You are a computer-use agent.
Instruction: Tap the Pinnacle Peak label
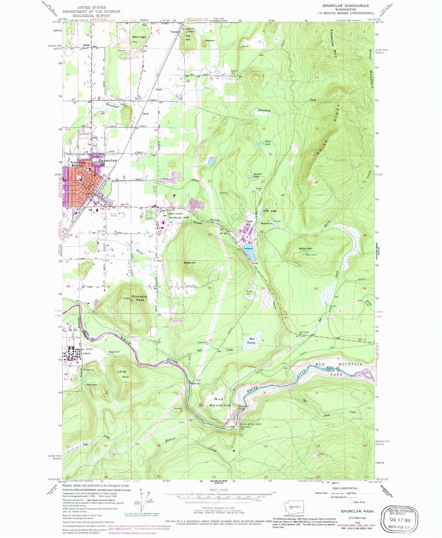[x=139, y=298]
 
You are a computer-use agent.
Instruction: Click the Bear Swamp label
[x=252, y=341]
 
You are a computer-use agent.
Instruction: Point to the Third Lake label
[x=267, y=142]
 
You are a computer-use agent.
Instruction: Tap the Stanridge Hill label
[x=139, y=39]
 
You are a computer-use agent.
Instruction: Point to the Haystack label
[x=210, y=40]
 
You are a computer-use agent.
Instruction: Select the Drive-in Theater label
[x=113, y=215]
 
